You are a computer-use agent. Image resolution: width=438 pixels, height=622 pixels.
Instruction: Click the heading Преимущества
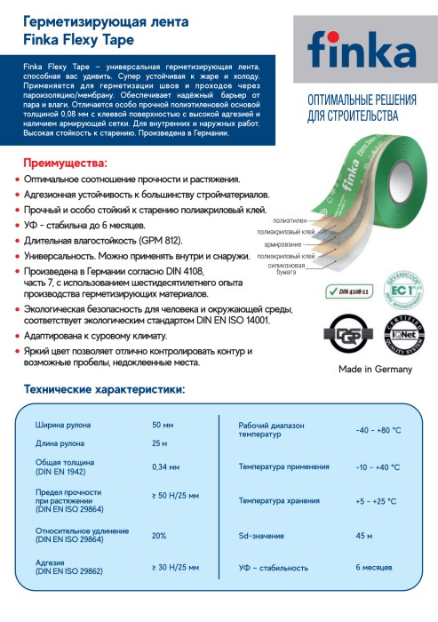[x=64, y=163]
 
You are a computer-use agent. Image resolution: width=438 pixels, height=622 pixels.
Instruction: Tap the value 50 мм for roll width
[x=163, y=425]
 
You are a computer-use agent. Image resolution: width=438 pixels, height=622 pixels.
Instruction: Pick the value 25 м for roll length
[x=160, y=443]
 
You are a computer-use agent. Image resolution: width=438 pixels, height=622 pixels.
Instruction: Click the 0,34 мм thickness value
[x=166, y=466]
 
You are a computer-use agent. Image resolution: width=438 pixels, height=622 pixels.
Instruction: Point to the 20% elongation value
[x=160, y=536]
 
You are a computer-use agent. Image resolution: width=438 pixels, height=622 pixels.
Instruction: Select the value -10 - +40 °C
[x=378, y=466]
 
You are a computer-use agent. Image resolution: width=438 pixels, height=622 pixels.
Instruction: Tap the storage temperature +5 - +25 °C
[x=377, y=501]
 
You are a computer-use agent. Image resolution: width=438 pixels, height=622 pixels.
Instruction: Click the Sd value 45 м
[x=363, y=536]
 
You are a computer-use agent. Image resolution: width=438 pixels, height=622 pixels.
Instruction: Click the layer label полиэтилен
[x=290, y=219]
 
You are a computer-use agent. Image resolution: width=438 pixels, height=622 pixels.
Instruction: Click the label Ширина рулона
[x=61, y=425]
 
